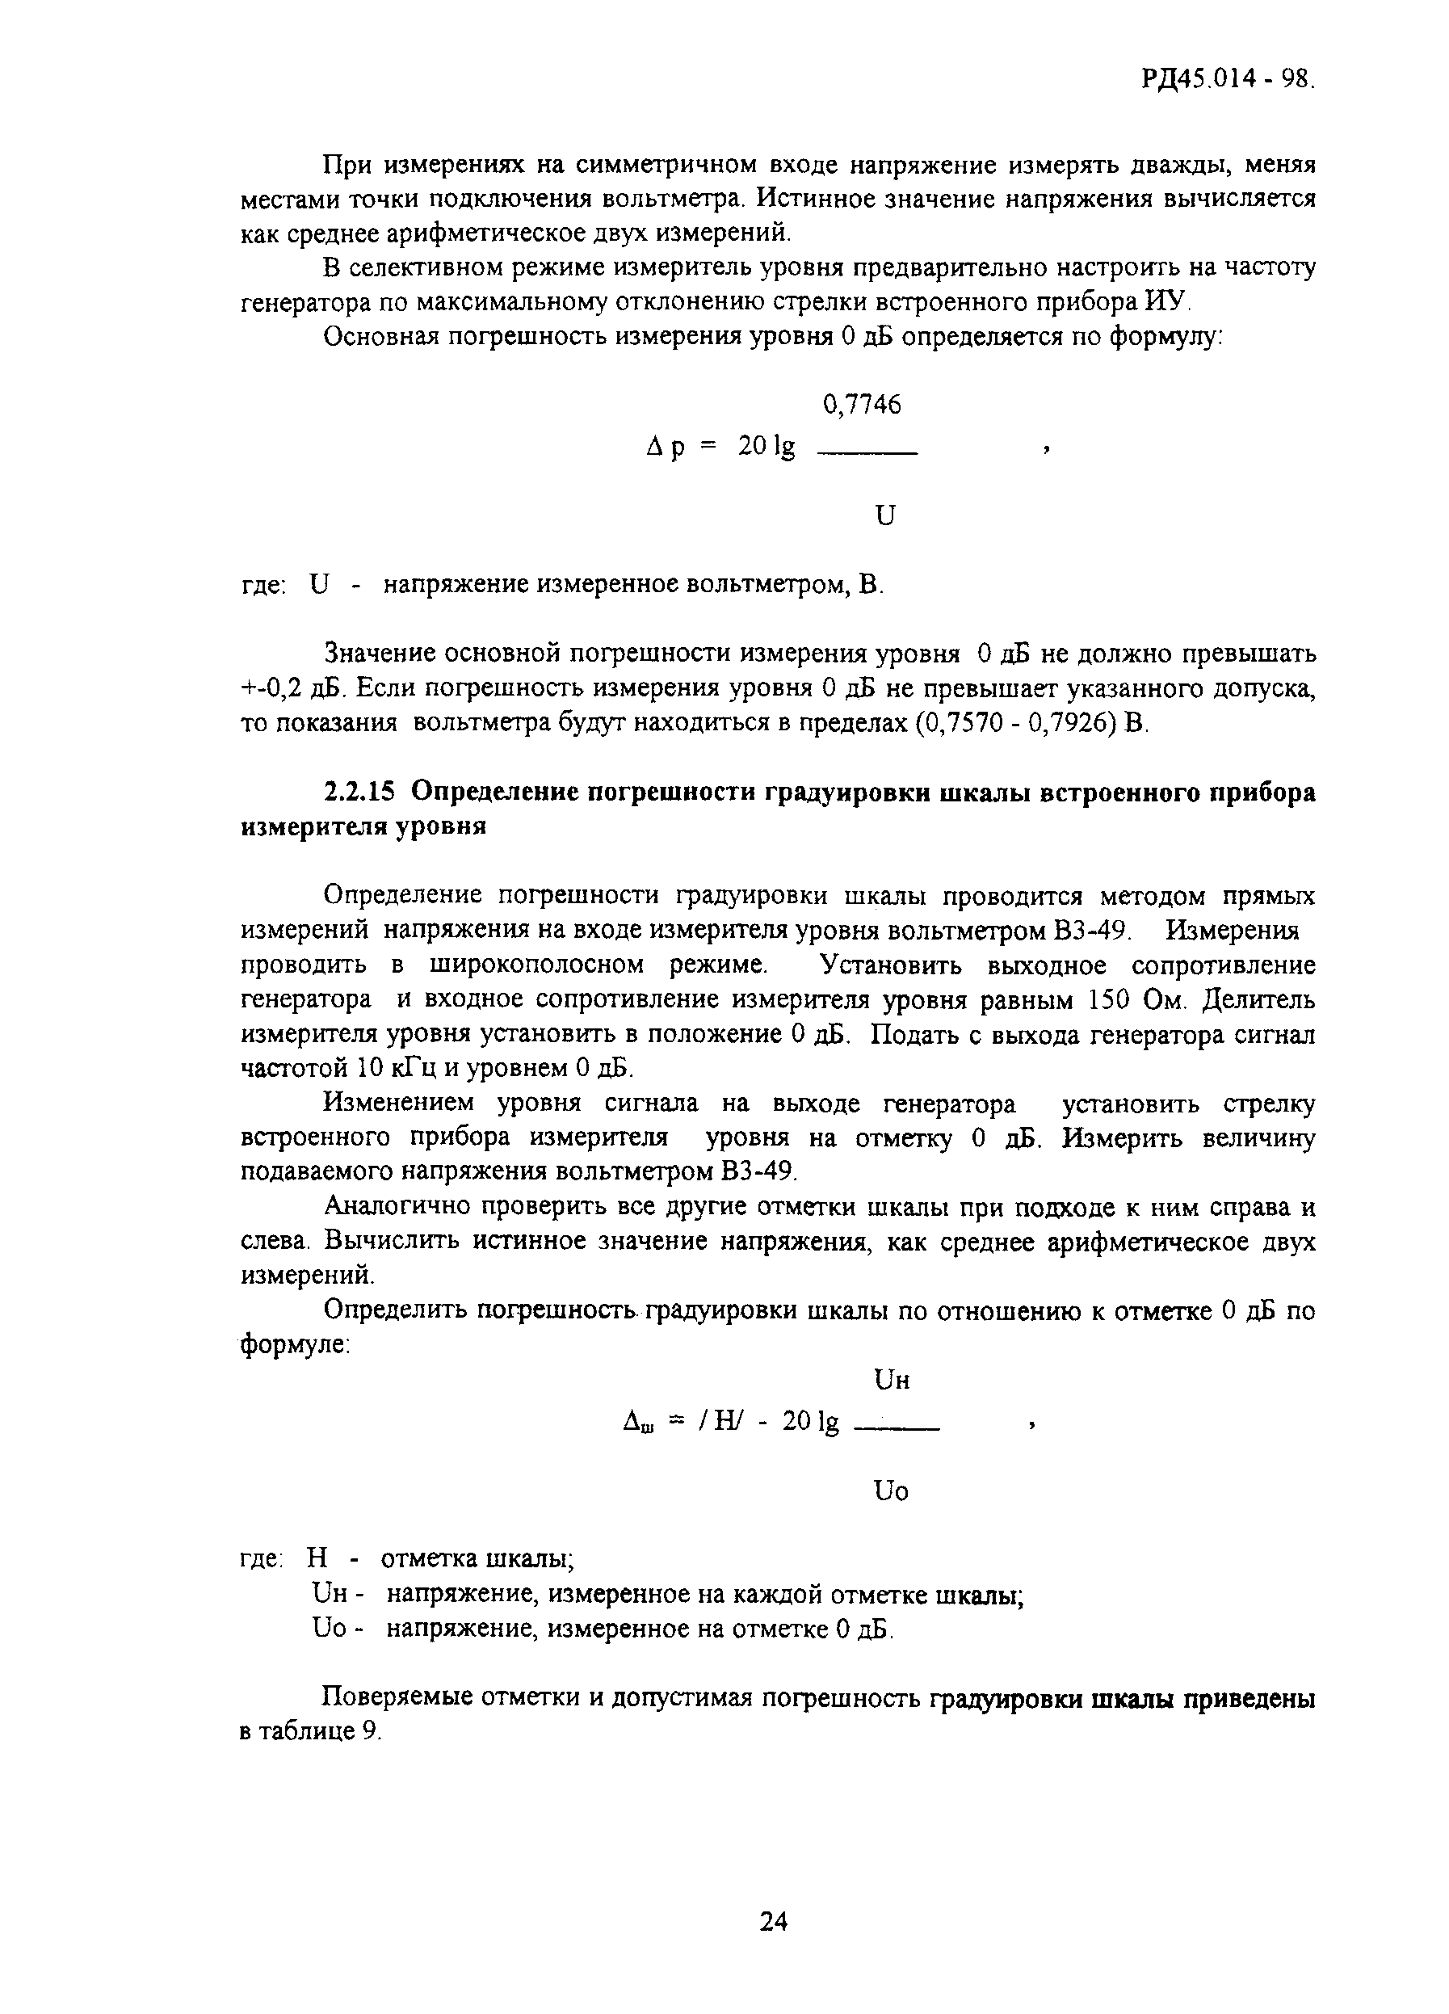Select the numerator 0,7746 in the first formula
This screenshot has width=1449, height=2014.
(x=861, y=406)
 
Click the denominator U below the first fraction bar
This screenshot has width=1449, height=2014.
(x=884, y=515)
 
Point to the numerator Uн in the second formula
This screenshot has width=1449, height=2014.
(x=892, y=1380)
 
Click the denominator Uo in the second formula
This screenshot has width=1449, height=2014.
(x=891, y=1491)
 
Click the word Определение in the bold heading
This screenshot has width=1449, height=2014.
(x=493, y=791)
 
